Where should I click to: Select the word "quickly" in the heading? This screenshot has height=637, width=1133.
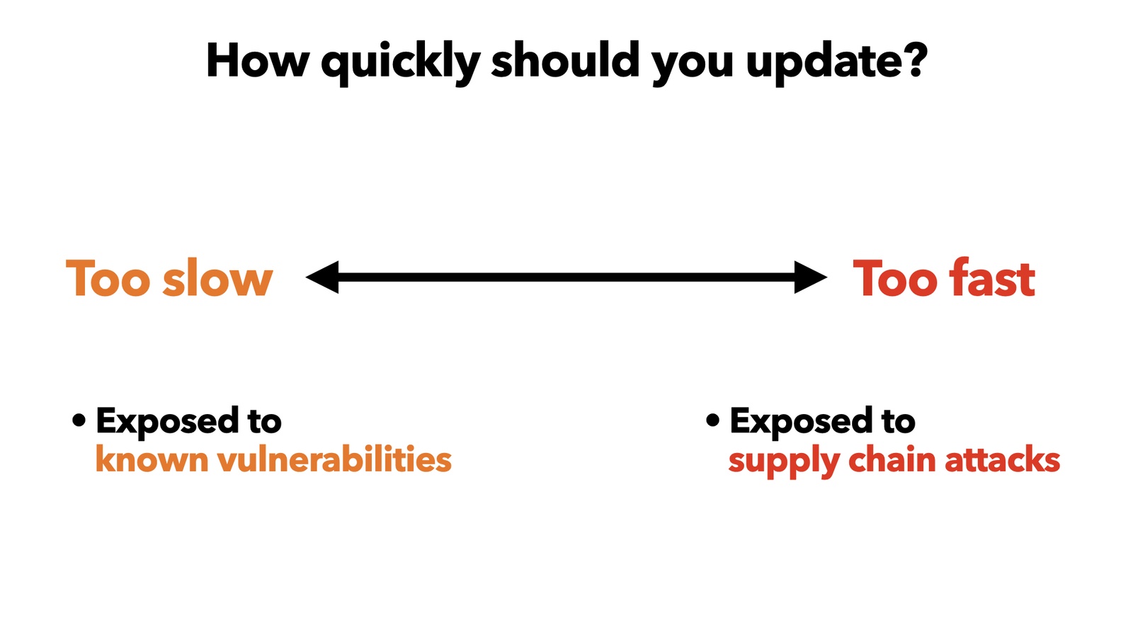(400, 63)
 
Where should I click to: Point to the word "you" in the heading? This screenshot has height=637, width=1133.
(693, 66)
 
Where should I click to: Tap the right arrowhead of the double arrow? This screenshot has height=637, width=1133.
(811, 277)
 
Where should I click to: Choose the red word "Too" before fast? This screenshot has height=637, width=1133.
(895, 277)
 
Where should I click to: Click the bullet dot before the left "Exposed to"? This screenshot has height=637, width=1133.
(79, 420)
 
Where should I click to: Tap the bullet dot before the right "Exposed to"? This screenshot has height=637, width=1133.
(712, 420)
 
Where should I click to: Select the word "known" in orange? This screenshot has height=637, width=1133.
(152, 459)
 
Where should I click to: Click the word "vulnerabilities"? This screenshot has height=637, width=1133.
(334, 459)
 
